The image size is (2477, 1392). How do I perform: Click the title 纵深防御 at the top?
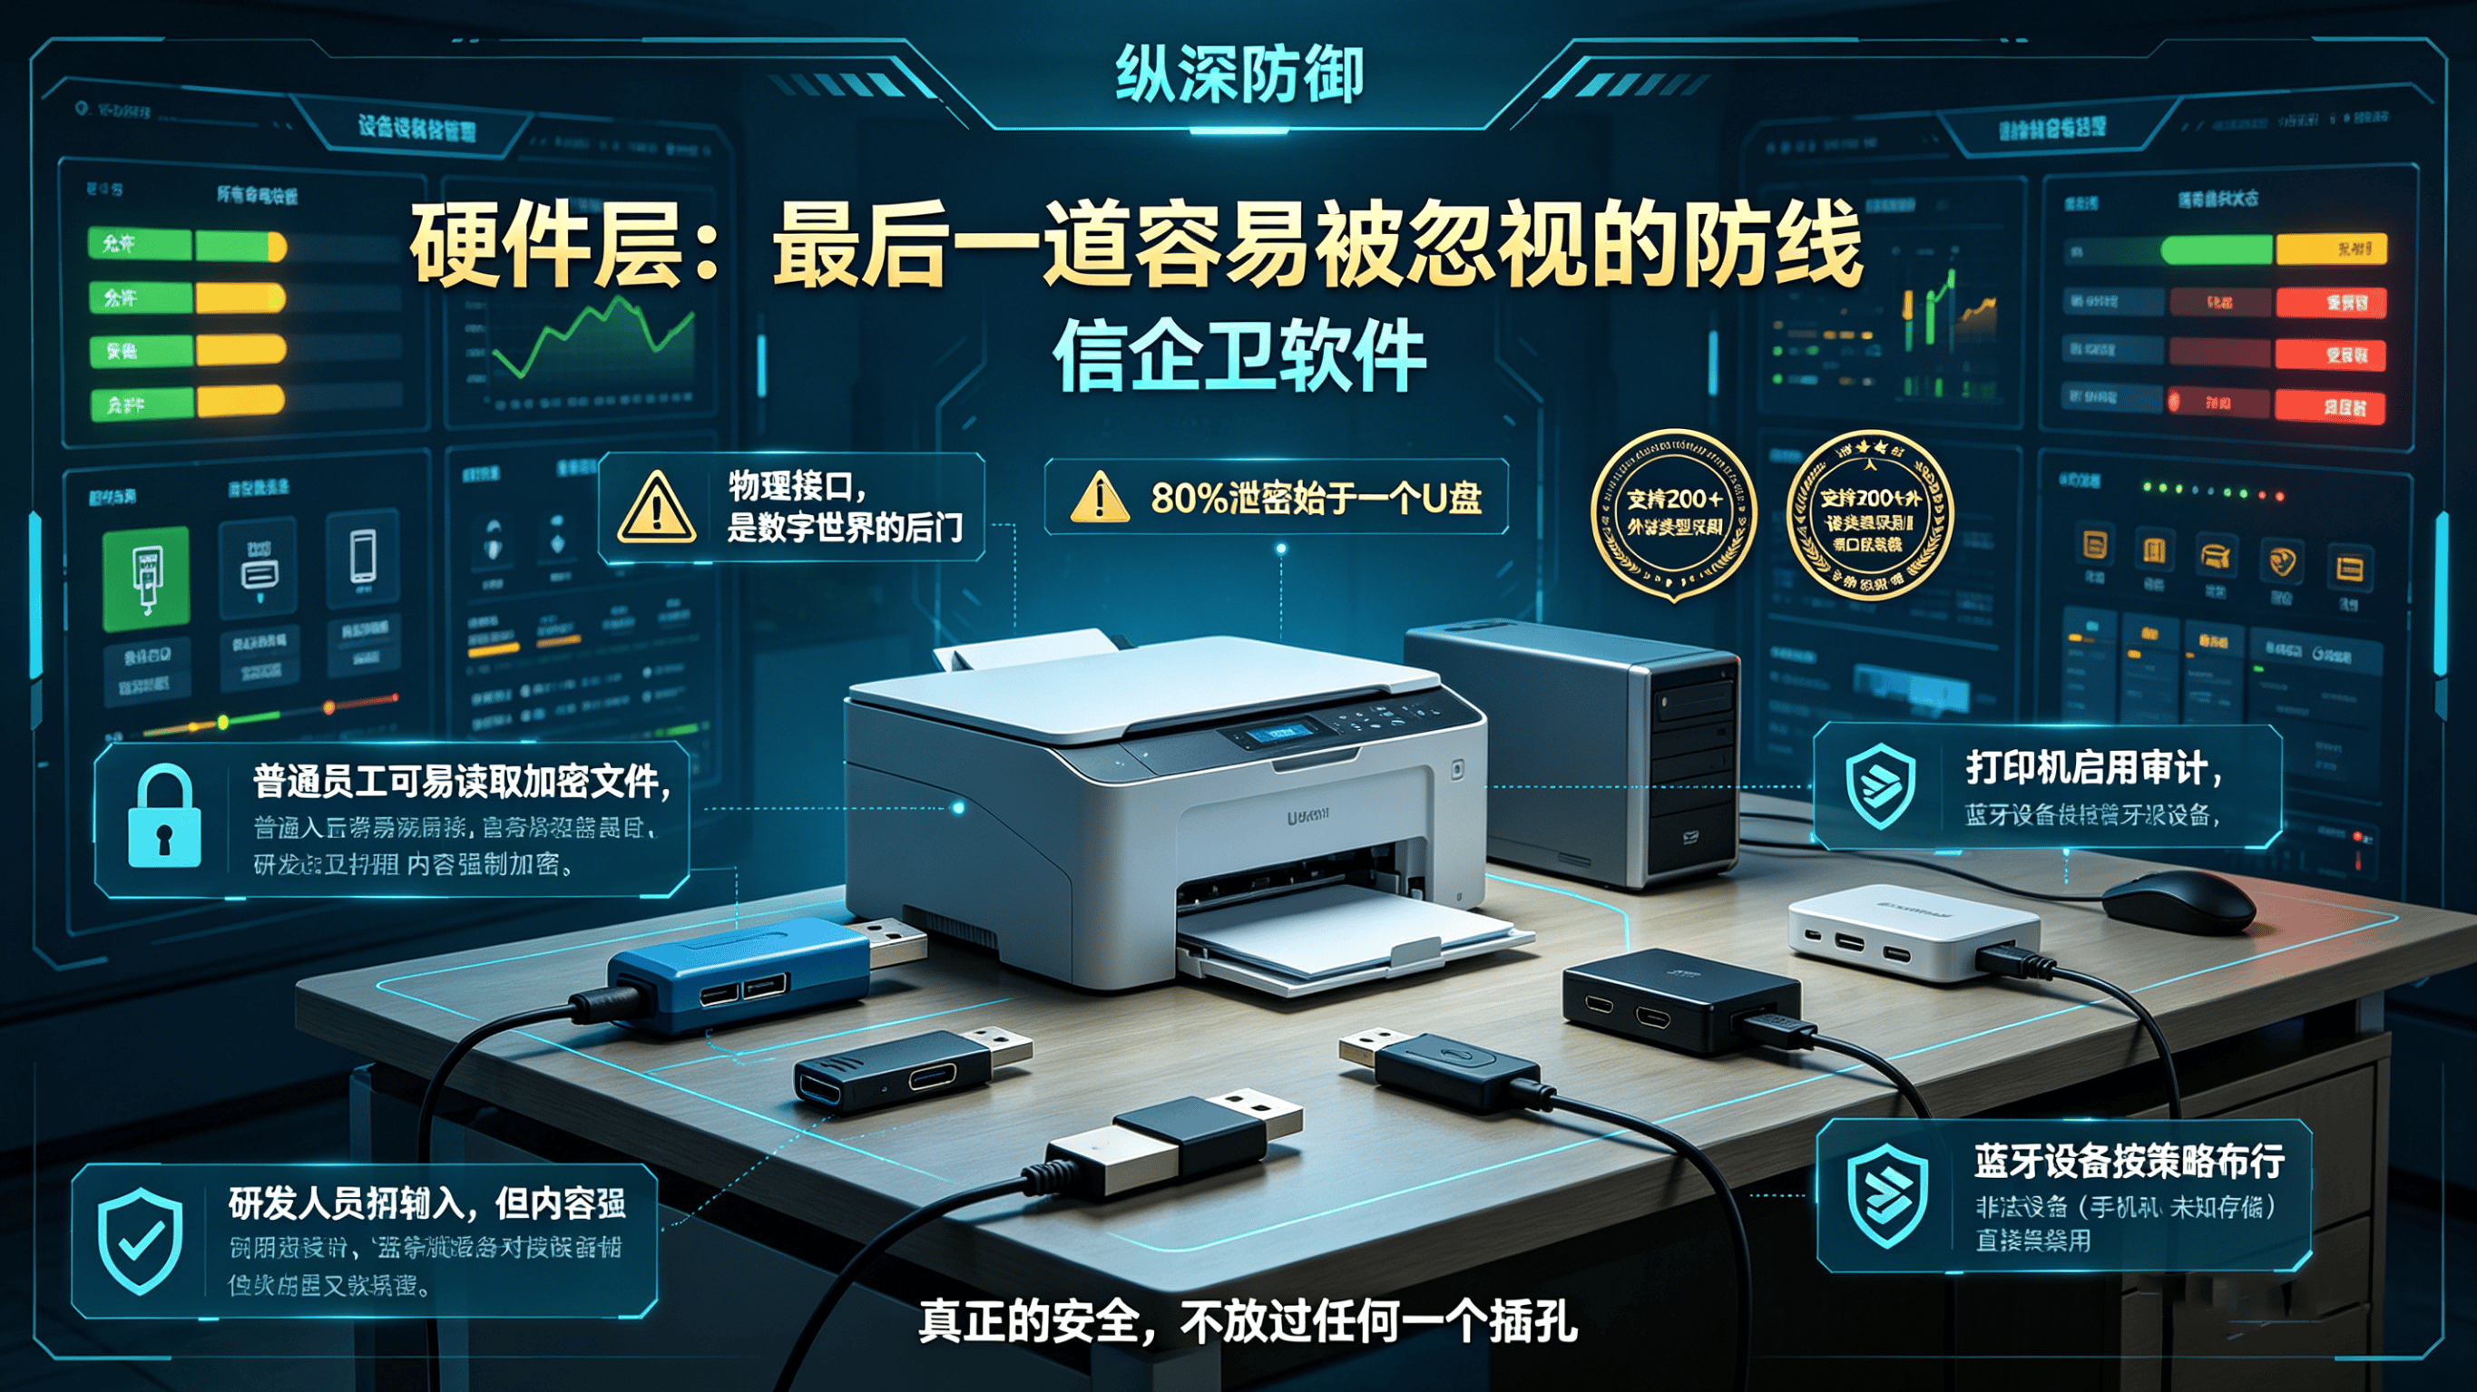pos(1238,75)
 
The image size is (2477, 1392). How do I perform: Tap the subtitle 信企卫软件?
pos(1238,356)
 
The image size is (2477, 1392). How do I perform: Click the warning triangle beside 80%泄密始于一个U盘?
pos(1099,497)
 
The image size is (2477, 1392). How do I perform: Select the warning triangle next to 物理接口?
pos(657,507)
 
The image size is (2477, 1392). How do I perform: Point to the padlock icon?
pos(164,818)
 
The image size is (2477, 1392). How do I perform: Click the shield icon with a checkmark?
pos(141,1241)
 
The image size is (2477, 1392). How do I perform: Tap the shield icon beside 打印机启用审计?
pos(1881,785)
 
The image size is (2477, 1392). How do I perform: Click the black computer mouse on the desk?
pos(2177,900)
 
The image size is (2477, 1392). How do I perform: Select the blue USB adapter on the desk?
pos(740,971)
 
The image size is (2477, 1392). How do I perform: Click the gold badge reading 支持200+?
pos(1674,513)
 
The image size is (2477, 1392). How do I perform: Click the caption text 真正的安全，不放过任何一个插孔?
pos(1248,1321)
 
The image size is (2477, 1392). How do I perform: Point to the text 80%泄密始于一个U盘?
pos(1316,498)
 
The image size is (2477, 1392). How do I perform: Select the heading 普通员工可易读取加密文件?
pos(462,782)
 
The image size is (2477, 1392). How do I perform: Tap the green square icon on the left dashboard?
pos(146,578)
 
